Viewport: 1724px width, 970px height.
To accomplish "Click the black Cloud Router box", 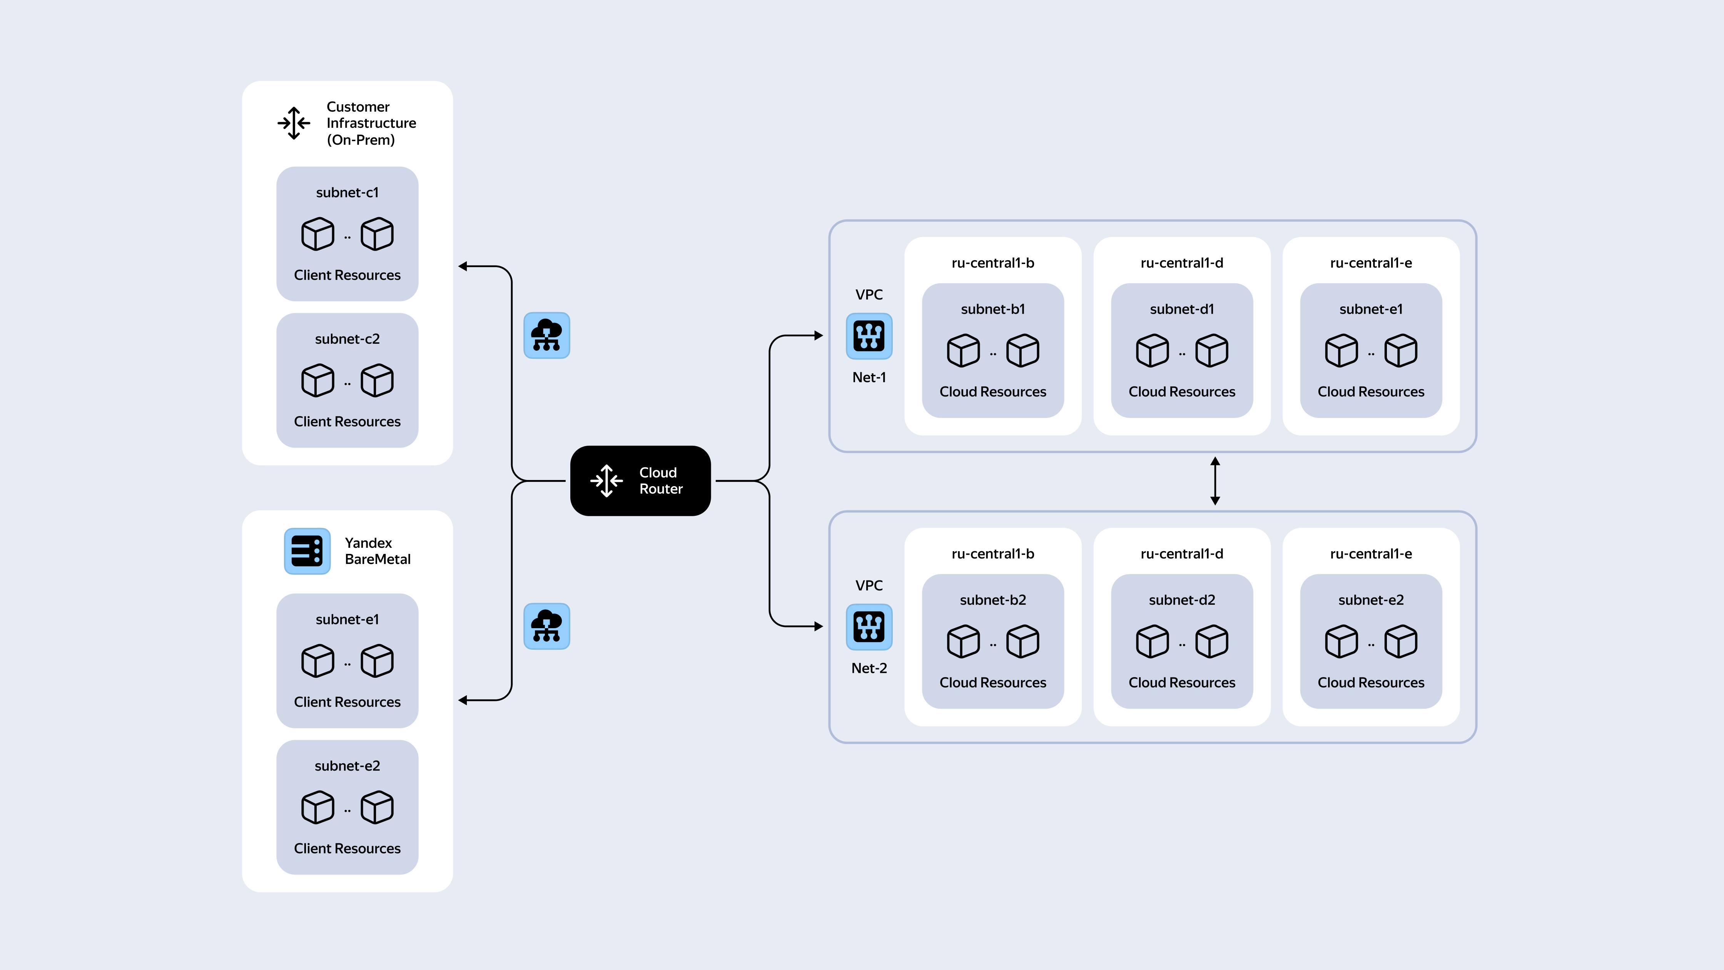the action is [640, 481].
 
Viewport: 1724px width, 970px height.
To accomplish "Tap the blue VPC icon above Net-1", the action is [869, 336].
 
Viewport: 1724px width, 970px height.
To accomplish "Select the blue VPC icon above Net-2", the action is [869, 627].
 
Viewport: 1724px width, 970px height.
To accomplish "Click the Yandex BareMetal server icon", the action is [307, 551].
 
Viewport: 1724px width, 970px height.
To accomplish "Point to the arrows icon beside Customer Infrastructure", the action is [294, 123].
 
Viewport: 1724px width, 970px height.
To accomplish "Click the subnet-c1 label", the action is [347, 193].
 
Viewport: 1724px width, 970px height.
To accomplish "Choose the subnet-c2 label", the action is [347, 339].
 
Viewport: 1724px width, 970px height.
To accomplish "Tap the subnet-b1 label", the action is [992, 309].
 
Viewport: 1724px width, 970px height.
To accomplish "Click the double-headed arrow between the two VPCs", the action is [1215, 481].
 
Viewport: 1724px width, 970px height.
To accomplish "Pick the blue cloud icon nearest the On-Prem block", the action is [547, 335].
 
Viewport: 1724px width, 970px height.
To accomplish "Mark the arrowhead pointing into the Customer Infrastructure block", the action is [463, 266].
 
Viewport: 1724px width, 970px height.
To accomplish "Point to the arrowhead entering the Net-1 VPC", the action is [819, 335].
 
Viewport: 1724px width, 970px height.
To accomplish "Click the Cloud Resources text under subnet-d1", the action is [1182, 391].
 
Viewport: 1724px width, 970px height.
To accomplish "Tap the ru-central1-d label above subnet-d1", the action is [1182, 263].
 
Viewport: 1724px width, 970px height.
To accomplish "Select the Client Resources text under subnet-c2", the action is [347, 422].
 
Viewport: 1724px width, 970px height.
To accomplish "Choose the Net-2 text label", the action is [869, 668].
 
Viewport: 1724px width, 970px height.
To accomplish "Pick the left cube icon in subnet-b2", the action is [963, 641].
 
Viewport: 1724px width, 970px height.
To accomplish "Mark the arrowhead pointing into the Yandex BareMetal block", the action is [463, 700].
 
